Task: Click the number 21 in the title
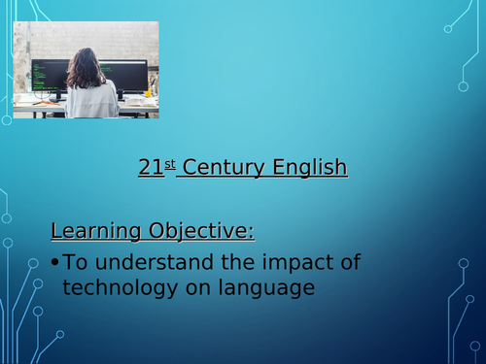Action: [x=150, y=169]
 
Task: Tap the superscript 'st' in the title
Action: [x=169, y=163]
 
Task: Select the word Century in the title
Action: [x=223, y=169]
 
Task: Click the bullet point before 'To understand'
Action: [x=55, y=262]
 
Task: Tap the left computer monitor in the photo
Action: [x=50, y=75]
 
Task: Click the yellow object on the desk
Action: [x=149, y=93]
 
